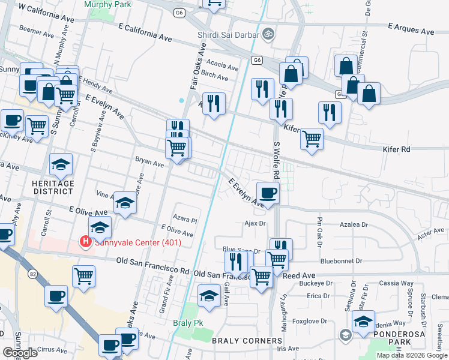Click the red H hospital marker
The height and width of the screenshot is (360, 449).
pyautogui.click(x=86, y=242)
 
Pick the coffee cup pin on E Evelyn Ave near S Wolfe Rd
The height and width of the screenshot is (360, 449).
pyautogui.click(x=268, y=193)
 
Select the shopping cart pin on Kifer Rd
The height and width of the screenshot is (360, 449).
pyautogui.click(x=312, y=138)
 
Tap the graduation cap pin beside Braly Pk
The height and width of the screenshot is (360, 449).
pyautogui.click(x=208, y=296)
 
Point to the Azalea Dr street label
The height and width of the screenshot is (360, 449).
pyautogui.click(x=354, y=223)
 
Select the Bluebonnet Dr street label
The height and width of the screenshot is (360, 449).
pyautogui.click(x=342, y=261)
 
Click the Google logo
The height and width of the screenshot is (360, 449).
pyautogui.click(x=20, y=353)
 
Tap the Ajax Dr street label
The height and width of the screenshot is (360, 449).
pyautogui.click(x=255, y=223)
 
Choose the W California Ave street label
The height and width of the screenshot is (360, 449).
pyautogui.click(x=46, y=13)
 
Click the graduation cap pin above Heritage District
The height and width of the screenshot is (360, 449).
pyautogui.click(x=61, y=164)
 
